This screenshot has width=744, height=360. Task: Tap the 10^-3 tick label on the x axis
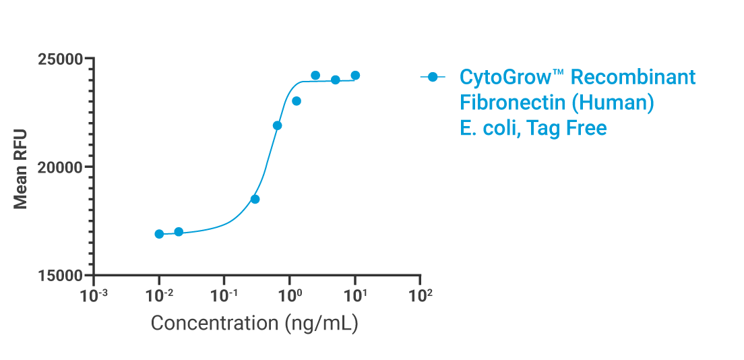(94, 295)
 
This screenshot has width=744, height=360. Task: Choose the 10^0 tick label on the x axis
(290, 295)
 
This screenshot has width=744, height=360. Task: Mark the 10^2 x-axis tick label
(421, 295)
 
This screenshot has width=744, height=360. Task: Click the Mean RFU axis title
(22, 167)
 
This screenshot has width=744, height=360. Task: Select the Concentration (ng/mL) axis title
(254, 323)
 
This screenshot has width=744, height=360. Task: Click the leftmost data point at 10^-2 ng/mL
(159, 234)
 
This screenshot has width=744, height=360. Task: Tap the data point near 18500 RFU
(255, 199)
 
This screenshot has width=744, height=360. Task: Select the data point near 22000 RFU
(277, 125)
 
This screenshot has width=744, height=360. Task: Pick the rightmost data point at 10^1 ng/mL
(355, 76)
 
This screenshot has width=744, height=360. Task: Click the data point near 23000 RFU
(296, 101)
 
